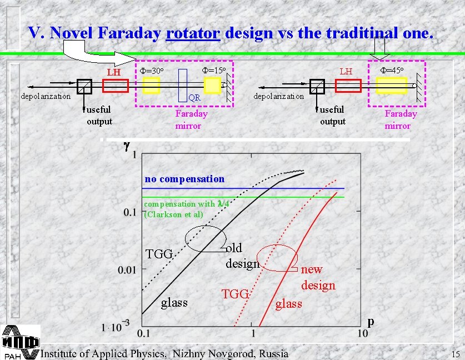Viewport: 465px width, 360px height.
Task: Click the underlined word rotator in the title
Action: pos(193,33)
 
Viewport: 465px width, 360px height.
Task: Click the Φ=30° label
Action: pos(150,71)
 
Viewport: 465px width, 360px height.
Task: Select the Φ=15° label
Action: pos(212,71)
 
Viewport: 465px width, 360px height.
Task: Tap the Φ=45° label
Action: pos(391,71)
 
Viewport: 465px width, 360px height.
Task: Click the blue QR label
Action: pos(194,98)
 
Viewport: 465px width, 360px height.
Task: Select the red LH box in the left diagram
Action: pos(116,86)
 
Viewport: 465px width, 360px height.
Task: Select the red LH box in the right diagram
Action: pos(348,86)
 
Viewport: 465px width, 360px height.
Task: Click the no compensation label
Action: pos(184,179)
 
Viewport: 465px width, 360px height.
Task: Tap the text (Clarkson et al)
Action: pos(174,214)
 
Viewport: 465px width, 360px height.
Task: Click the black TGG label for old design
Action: pos(159,254)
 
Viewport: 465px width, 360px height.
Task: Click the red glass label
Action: pos(288,303)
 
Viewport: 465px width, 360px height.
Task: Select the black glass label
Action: pos(174,302)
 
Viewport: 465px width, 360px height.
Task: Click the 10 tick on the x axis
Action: pos(362,333)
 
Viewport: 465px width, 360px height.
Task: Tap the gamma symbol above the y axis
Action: pos(126,147)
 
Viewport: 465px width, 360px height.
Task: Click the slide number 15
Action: pos(456,354)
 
